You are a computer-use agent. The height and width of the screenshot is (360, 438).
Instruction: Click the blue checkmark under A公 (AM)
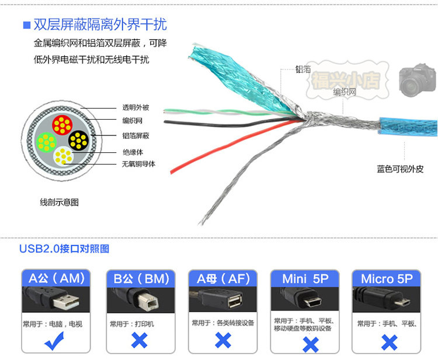[x=56, y=341]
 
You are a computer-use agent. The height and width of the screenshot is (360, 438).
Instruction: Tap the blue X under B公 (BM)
[x=139, y=340]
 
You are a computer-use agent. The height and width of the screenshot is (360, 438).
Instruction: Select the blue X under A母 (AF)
[x=223, y=340]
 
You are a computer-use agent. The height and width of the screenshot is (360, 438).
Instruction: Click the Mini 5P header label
[x=305, y=278]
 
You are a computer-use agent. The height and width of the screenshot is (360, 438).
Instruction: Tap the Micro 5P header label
[x=387, y=278]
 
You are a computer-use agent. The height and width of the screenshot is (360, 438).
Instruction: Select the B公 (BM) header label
[x=140, y=278]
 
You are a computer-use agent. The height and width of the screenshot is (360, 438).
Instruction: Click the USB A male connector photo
[x=56, y=300]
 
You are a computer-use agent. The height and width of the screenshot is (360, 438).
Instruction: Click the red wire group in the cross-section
[x=61, y=124]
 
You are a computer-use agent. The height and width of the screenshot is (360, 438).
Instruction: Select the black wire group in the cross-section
[x=78, y=139]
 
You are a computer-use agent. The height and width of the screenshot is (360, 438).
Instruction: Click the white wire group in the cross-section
[x=62, y=156]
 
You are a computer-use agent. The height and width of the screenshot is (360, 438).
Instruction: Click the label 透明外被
[x=135, y=107]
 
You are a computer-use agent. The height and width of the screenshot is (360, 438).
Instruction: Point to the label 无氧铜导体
[x=138, y=163]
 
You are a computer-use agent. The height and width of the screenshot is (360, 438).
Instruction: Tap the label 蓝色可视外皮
[x=400, y=169]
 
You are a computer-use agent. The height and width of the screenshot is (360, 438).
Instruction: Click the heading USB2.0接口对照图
[x=64, y=249]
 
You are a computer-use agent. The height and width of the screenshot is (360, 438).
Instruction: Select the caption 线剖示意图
[x=59, y=202]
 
